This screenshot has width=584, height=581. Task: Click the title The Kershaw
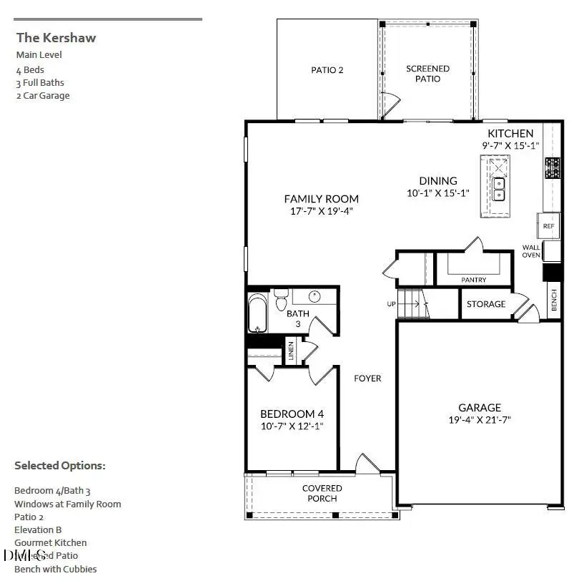coord(56,38)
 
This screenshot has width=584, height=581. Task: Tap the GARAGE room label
coord(480,408)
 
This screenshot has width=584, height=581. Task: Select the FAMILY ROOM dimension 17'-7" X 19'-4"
coord(321,211)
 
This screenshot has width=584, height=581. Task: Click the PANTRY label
coord(473,280)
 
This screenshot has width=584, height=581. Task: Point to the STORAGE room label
coord(486,304)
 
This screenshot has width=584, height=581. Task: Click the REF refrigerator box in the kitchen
coord(548,226)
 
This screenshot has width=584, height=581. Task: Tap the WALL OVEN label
coord(531,251)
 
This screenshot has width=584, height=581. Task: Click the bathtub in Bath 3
coord(256,315)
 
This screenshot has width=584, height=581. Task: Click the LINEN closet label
coord(291,350)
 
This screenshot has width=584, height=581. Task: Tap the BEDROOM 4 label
coord(292,414)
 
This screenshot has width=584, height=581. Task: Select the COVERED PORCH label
coord(322,493)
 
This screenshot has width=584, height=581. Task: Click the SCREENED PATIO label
coord(427,73)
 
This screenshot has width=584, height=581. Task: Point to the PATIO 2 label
coord(327,70)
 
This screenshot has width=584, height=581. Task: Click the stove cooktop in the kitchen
coord(553,168)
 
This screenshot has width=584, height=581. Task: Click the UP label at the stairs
coord(392,304)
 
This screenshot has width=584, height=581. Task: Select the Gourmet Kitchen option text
coord(51,543)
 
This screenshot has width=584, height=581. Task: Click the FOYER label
coord(368,378)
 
